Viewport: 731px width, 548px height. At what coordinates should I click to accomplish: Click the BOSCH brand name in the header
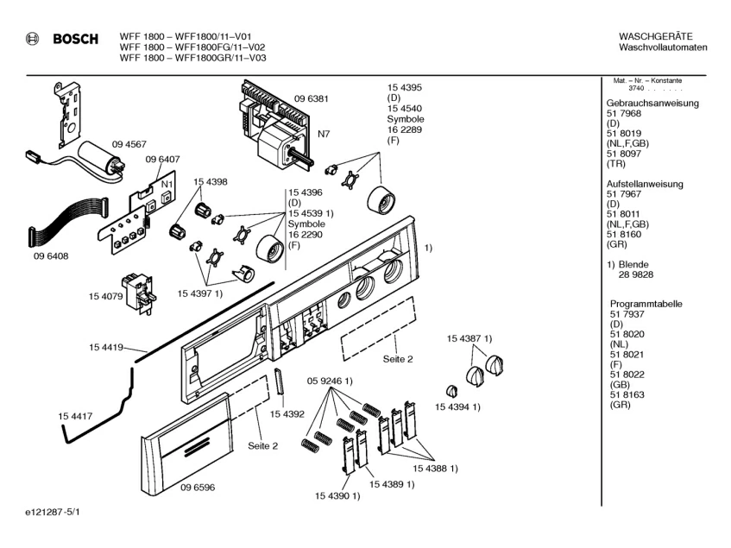pyautogui.click(x=75, y=39)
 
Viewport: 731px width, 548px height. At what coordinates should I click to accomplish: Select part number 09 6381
pyautogui.click(x=312, y=98)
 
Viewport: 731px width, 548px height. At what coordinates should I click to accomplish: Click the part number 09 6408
pyautogui.click(x=51, y=255)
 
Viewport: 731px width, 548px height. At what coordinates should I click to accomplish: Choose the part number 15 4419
pyautogui.click(x=104, y=347)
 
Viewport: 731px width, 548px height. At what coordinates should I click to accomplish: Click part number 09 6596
pyautogui.click(x=197, y=487)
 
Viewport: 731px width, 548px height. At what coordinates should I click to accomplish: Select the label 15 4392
pyautogui.click(x=287, y=414)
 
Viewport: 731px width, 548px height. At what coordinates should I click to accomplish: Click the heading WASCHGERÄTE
pyautogui.click(x=656, y=35)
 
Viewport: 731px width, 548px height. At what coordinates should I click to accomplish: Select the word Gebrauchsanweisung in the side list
pyautogui.click(x=652, y=104)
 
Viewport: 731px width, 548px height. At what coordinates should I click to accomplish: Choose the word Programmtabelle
pyautogui.click(x=646, y=304)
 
